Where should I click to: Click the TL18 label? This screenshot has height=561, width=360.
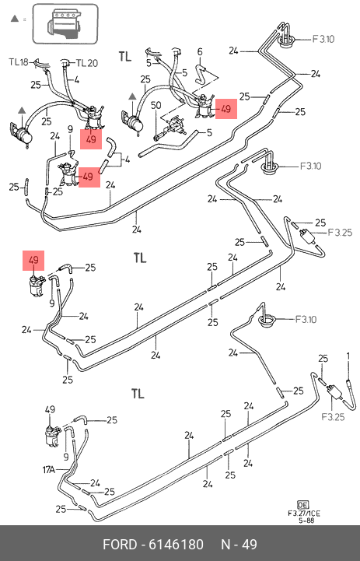click(18, 62)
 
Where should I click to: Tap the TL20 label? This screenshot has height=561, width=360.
click(87, 63)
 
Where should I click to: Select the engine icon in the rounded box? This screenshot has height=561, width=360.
click(65, 24)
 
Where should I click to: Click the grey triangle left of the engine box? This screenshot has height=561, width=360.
click(14, 18)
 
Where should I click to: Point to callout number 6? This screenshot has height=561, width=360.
click(200, 52)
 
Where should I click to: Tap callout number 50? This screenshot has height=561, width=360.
click(156, 106)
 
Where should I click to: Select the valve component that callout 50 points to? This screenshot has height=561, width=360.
click(175, 124)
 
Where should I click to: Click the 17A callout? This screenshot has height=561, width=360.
click(49, 469)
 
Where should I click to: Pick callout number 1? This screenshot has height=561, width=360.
click(348, 356)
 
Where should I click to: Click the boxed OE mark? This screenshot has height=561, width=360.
click(302, 505)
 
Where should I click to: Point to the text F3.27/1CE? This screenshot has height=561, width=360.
click(304, 514)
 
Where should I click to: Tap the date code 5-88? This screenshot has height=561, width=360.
click(306, 521)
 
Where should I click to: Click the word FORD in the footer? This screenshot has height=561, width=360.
click(120, 545)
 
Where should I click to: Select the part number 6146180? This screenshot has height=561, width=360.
click(176, 545)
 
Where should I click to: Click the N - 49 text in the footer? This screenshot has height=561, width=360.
click(239, 545)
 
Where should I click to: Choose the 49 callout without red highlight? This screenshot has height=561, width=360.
click(50, 409)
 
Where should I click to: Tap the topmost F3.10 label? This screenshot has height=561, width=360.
click(323, 39)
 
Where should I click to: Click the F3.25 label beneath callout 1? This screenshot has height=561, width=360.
click(333, 417)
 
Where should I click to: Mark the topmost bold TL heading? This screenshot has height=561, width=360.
click(125, 57)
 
